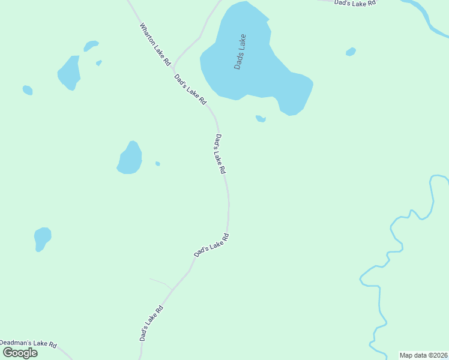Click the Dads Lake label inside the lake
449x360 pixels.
tap(241, 52)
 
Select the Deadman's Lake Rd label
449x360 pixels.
tap(28, 343)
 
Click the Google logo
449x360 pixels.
tap(20, 353)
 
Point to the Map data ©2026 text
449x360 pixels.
tap(423, 355)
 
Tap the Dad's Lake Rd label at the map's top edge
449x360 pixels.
tap(355, 3)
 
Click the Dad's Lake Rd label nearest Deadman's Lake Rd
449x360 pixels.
tap(151, 323)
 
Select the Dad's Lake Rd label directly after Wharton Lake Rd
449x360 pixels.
tap(190, 89)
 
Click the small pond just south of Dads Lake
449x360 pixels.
tap(261, 119)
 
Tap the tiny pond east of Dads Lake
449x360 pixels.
tap(351, 52)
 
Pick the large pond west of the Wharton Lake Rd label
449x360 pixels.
tap(69, 73)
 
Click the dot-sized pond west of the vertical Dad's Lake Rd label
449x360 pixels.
tap(158, 163)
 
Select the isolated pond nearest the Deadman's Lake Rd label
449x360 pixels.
tap(42, 238)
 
